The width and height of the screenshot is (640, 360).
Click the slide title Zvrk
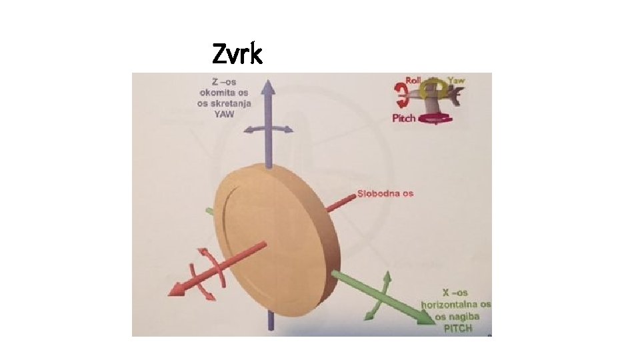tap(237, 53)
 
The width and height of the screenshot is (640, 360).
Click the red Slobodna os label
tap(385, 193)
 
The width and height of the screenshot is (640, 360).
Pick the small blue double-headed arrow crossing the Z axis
tap(267, 129)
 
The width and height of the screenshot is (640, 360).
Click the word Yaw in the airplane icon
tap(457, 81)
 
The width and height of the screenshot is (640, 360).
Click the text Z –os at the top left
tap(215, 82)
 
